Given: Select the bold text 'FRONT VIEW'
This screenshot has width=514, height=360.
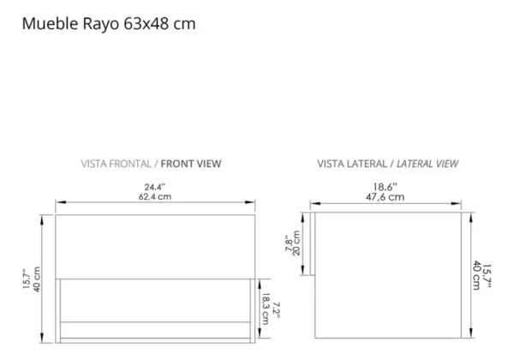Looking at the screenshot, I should [190, 163].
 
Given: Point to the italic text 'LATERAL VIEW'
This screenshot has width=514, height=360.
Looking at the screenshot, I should [426, 163].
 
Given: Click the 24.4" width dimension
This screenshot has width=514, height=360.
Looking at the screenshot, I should [155, 185].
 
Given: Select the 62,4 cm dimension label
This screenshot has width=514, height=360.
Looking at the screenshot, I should [155, 196].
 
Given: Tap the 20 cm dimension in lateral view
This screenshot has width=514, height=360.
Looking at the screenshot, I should [297, 245].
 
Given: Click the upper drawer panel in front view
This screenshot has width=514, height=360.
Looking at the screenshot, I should [155, 246].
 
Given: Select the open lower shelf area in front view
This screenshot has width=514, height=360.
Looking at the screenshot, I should [155, 299].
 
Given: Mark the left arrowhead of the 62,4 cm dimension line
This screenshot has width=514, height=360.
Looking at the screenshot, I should [58, 204].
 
